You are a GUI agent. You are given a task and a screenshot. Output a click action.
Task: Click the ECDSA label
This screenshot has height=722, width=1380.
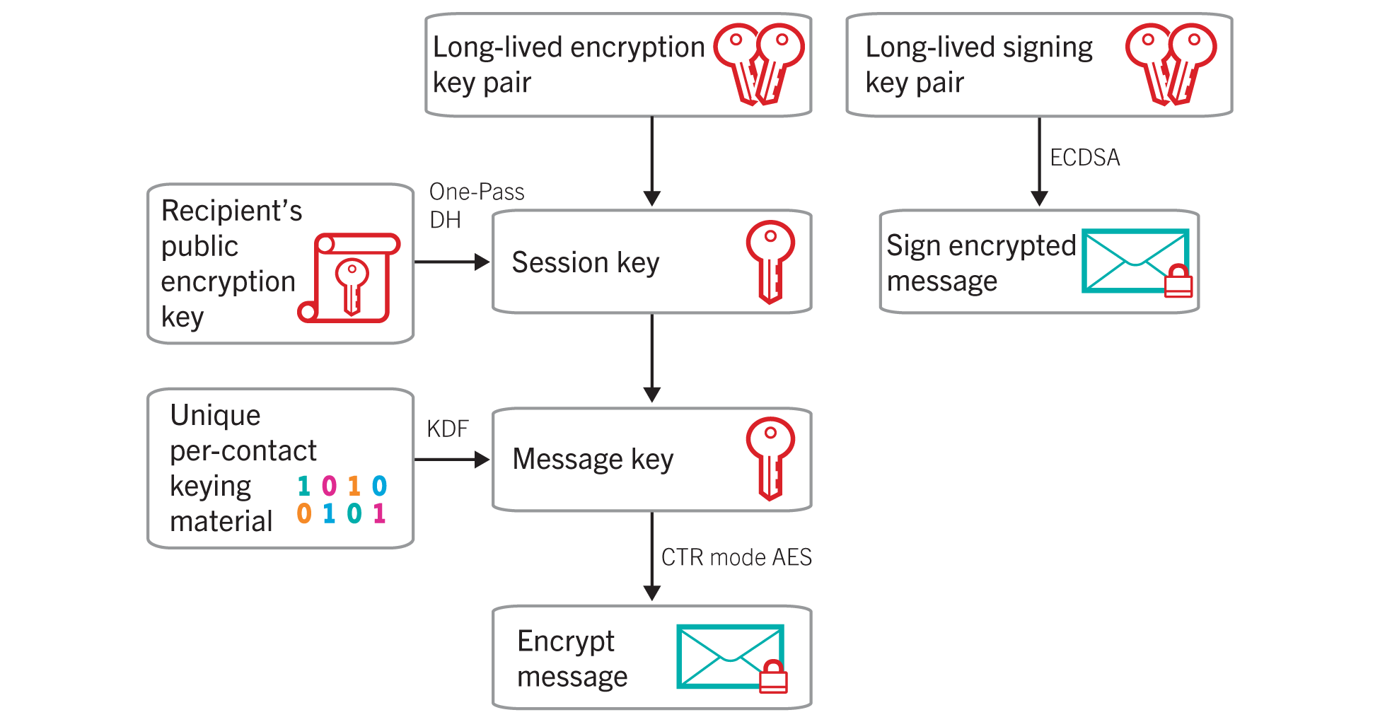point(1084,157)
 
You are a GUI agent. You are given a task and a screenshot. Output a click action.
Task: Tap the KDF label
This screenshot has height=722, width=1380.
point(447,429)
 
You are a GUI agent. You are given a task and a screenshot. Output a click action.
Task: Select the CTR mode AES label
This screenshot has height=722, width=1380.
point(736,557)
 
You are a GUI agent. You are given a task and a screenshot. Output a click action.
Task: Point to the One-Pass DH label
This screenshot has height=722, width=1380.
point(475,205)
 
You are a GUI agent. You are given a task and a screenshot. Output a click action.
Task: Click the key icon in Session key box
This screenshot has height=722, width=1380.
point(770,262)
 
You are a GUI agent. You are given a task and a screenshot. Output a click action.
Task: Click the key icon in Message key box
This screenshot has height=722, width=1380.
point(770,458)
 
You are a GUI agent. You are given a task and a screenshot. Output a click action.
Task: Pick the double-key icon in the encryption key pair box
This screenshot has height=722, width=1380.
point(759,64)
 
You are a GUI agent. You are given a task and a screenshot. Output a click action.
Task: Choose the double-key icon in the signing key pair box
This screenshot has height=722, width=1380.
point(1171,64)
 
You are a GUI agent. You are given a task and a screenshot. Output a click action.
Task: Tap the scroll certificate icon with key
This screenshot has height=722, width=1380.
point(349,278)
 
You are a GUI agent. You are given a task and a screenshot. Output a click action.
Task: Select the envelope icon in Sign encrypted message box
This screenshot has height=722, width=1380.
point(1134,260)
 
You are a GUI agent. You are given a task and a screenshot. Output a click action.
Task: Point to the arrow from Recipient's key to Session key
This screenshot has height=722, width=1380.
point(451,262)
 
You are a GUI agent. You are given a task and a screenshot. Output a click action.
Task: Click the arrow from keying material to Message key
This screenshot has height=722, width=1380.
point(451,460)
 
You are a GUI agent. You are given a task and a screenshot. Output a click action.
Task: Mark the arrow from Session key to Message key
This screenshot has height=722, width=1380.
point(652,358)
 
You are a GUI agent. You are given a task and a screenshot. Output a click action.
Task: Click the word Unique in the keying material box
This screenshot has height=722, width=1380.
point(215,415)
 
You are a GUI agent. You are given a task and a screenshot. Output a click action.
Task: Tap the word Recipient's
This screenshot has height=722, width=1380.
point(231,211)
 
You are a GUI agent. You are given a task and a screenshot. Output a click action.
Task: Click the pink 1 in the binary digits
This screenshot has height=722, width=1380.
point(379,513)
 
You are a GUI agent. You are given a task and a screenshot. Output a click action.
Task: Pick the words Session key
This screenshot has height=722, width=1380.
point(585,262)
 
